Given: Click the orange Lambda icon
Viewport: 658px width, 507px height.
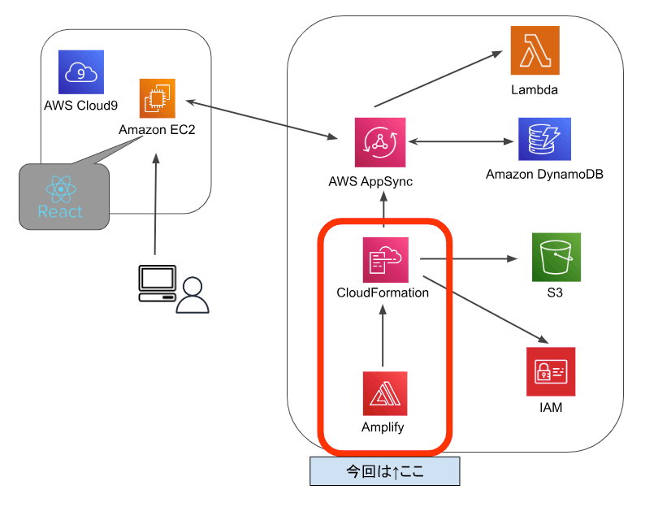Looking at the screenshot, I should tap(535, 50).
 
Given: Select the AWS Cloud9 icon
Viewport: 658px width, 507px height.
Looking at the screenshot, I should tap(81, 73).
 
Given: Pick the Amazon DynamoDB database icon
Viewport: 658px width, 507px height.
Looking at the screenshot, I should tap(544, 140).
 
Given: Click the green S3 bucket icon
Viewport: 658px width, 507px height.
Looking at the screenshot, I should tap(556, 258).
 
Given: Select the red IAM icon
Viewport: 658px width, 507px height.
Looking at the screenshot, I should tap(550, 371).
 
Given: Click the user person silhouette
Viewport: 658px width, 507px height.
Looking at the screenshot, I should tap(193, 296).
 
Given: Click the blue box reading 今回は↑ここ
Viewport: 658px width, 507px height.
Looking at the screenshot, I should tap(384, 471).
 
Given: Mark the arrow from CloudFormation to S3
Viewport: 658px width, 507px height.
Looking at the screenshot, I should tap(469, 259).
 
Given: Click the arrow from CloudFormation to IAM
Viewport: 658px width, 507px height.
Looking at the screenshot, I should tap(483, 309).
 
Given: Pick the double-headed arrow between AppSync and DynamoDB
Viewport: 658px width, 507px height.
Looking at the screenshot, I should tap(462, 141).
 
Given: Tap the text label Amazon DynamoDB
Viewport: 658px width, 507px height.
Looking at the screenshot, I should tap(544, 174).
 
